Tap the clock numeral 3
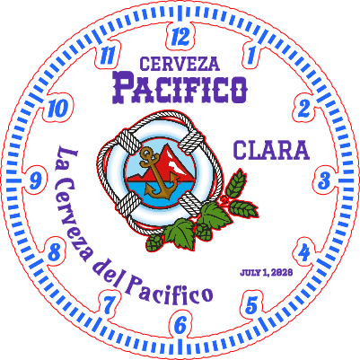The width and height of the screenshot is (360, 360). (x=324, y=180)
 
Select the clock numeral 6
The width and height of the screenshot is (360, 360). (x=180, y=325)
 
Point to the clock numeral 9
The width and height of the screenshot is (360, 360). (x=35, y=180)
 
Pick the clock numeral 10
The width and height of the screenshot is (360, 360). (x=57, y=108)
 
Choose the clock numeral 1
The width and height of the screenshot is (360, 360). (x=250, y=54)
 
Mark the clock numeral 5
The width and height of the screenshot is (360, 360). (x=251, y=305)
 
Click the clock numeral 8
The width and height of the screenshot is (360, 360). (x=55, y=252)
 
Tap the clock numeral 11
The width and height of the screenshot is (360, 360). (x=107, y=56)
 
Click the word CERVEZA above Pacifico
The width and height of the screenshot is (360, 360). (x=180, y=64)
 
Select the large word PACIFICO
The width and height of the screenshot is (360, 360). (x=180, y=88)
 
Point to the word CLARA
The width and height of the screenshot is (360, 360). (x=271, y=150)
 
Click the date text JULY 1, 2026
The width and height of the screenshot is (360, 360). (x=266, y=273)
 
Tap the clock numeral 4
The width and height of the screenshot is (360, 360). (x=304, y=253)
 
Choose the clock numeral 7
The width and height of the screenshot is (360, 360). (x=109, y=305)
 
